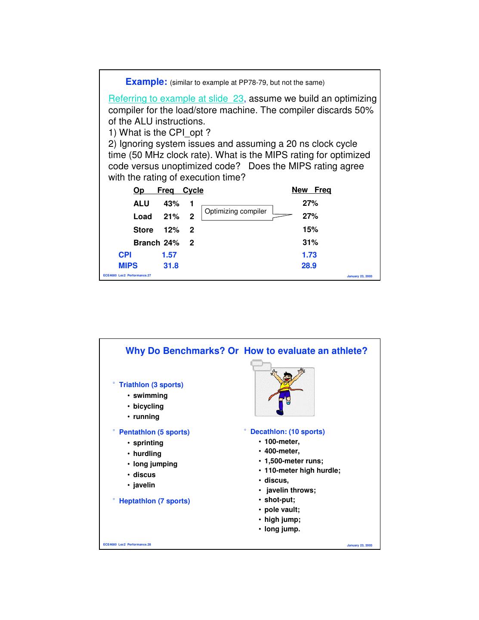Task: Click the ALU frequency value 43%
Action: tap(171, 204)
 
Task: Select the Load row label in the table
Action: tap(142, 217)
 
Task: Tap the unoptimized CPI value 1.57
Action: tap(169, 255)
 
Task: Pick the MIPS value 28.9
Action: tap(309, 266)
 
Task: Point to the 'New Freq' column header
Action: tap(311, 190)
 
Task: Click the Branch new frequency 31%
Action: tap(310, 242)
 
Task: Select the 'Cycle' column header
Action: tap(193, 190)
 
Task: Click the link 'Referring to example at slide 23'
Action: tap(176, 99)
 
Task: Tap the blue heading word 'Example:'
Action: tap(146, 82)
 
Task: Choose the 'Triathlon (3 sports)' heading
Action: tap(151, 384)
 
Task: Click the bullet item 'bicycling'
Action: tap(148, 406)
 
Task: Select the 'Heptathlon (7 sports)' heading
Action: tap(154, 501)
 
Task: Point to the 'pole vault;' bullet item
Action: tap(282, 510)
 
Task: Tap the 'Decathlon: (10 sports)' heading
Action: tap(287, 431)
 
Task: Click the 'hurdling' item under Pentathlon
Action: tap(147, 453)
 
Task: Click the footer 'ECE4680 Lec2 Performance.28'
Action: tap(127, 545)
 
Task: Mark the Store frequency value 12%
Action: tap(171, 230)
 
